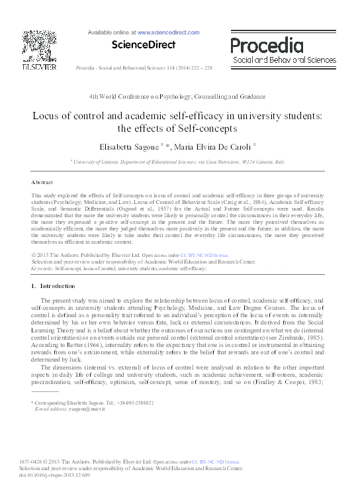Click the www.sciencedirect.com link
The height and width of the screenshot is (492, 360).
click(x=168, y=32)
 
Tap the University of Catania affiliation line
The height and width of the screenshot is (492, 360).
click(x=179, y=161)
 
